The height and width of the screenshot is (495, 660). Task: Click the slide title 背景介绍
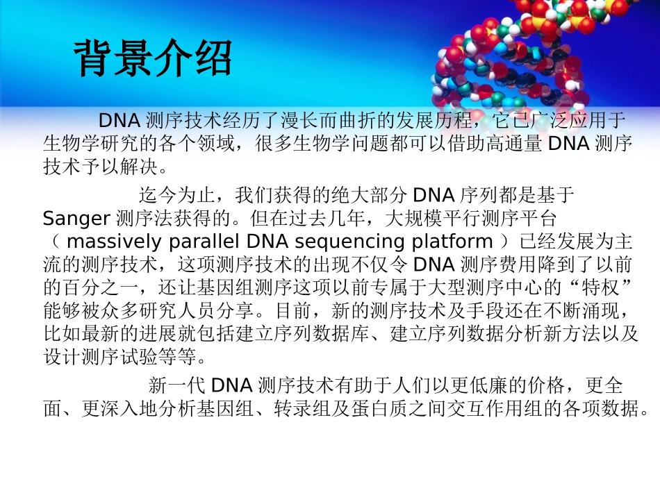coord(153,58)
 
